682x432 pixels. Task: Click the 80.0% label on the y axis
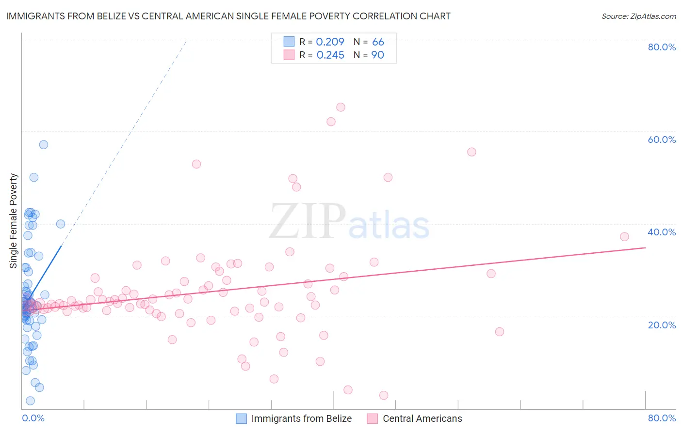coord(662,47)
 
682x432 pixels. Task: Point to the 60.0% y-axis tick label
coord(662,139)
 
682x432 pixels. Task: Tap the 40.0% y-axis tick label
coord(662,232)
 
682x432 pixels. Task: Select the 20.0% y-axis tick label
coord(662,325)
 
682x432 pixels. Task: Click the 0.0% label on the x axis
coord(33,418)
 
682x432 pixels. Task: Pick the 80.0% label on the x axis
coord(662,418)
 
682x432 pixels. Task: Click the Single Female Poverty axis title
coord(14,221)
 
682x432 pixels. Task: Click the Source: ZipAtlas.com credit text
coord(638,16)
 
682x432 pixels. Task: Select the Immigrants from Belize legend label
coord(301,418)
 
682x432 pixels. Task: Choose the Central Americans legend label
coord(422,418)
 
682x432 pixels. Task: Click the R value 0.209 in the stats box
coord(330,42)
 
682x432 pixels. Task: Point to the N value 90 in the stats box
coord(377,55)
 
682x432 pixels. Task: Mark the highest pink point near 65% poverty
coord(341,107)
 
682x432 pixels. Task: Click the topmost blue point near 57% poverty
coord(44,144)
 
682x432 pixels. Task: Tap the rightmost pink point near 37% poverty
coord(624,237)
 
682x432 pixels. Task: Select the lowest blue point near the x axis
coord(30,401)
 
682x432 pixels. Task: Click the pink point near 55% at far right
coord(471,152)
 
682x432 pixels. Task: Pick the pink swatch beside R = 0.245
coord(289,55)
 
